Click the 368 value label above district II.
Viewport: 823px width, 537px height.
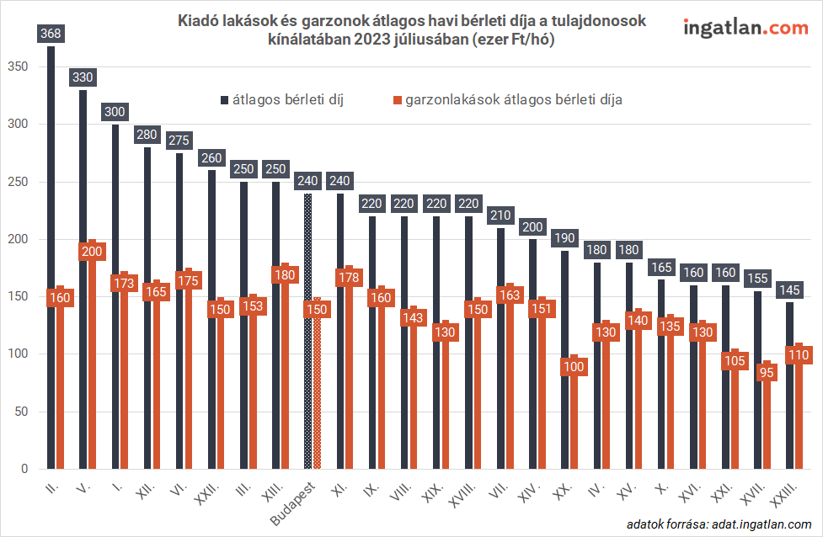[51, 34]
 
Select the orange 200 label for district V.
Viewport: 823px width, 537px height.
[92, 251]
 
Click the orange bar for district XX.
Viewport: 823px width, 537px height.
[574, 421]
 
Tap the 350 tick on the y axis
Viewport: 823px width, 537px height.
[17, 67]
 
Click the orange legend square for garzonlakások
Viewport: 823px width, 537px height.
[397, 100]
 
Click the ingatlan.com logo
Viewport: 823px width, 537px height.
[746, 28]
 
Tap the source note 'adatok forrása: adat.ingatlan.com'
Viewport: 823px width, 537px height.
[713, 524]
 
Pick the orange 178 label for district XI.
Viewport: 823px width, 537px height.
[348, 276]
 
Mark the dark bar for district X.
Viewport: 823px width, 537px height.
[661, 379]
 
